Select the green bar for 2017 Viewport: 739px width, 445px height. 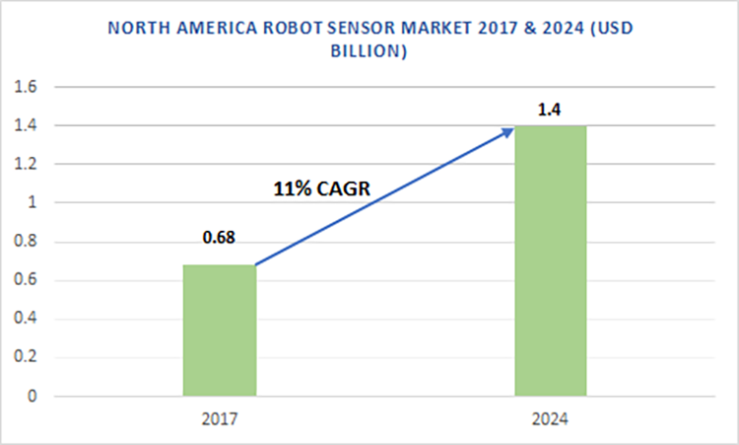pos(220,331)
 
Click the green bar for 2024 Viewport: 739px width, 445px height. pos(552,261)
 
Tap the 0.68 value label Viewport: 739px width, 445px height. pos(220,238)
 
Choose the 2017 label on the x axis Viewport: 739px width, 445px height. pos(219,419)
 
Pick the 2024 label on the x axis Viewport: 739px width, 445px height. pos(551,419)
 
